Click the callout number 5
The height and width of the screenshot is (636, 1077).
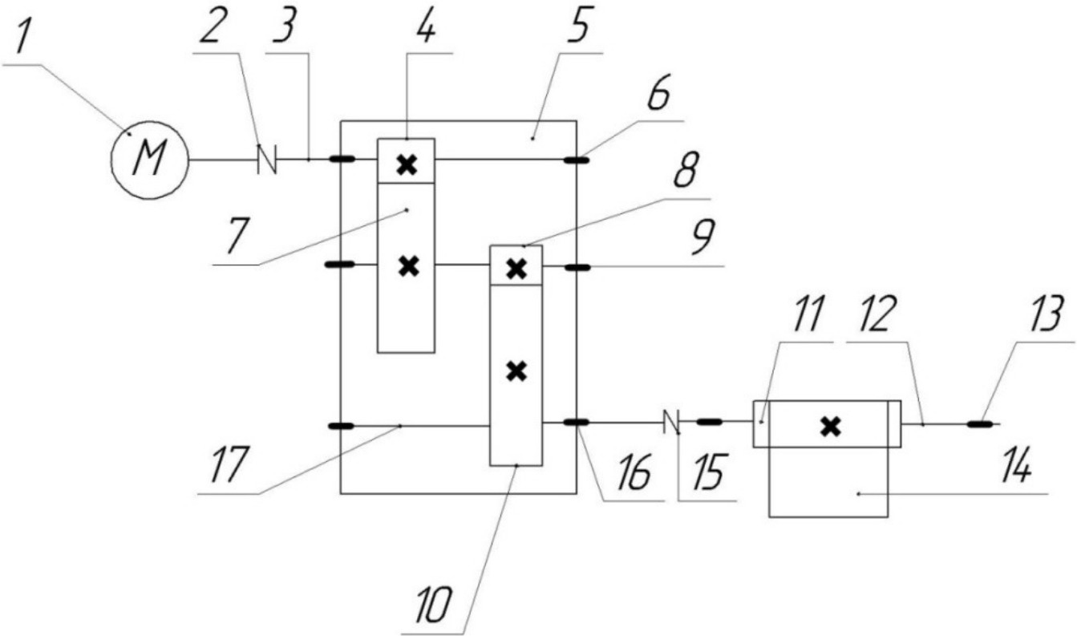[x=577, y=30]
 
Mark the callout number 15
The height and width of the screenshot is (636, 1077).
[x=707, y=476]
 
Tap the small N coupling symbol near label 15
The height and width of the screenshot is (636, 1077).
[x=670, y=420]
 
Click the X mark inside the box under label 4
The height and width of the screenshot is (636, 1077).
[x=407, y=164]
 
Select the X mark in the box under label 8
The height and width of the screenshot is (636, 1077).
[x=517, y=269]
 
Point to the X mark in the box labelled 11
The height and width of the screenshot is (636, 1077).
[x=831, y=427]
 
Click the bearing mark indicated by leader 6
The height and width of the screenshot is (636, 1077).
[x=577, y=159]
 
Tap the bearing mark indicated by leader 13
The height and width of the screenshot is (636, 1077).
[x=978, y=424]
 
